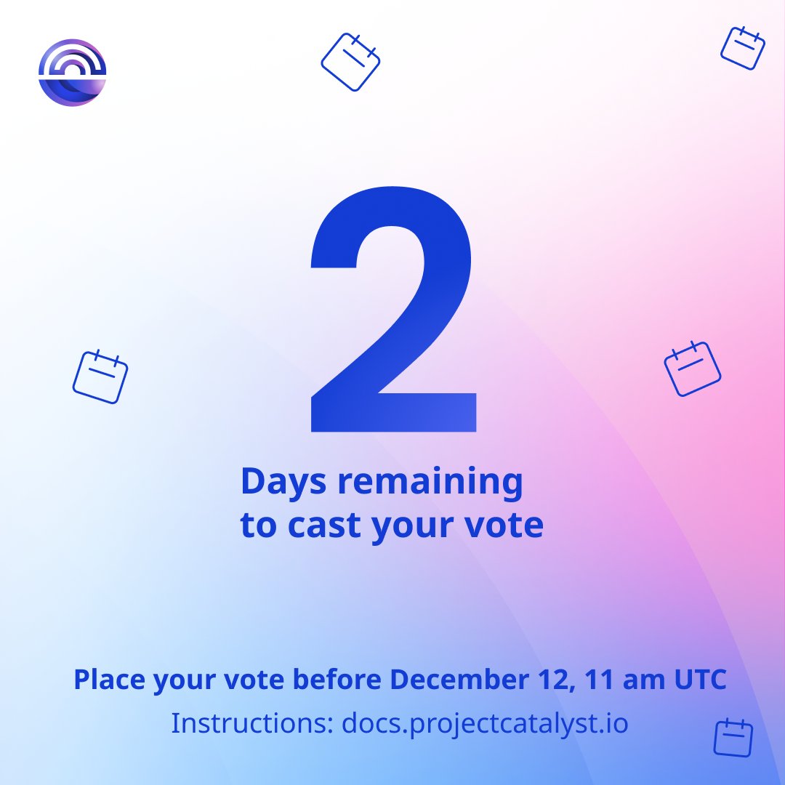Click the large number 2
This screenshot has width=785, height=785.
(392, 313)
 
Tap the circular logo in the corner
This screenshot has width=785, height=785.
(72, 73)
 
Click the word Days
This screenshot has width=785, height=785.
(281, 483)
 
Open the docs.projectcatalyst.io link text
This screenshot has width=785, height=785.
(485, 724)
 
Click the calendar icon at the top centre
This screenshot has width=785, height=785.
(351, 62)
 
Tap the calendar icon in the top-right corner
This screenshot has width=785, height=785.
(743, 48)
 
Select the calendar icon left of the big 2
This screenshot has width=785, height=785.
(100, 377)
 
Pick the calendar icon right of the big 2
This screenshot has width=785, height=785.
(693, 369)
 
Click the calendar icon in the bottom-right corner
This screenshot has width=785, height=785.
(733, 738)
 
